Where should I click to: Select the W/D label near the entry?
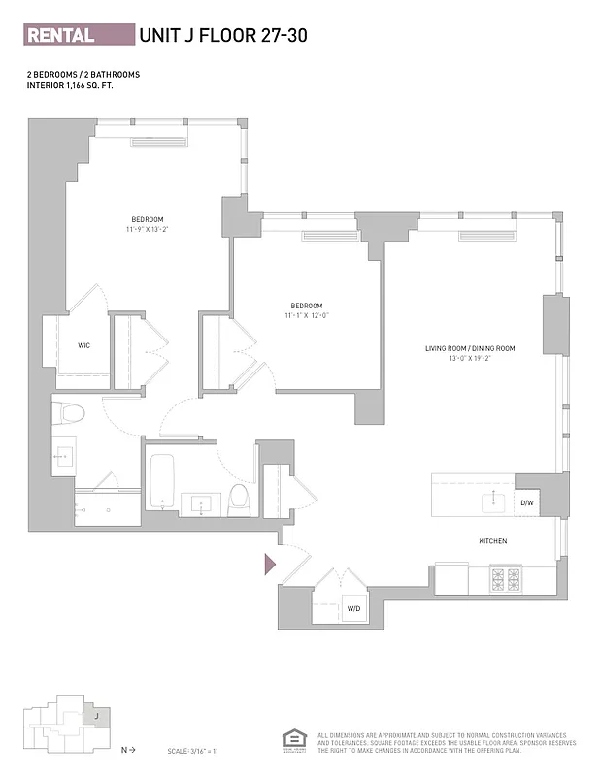(353, 608)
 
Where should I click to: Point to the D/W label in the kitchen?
(527, 502)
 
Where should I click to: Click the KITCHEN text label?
(493, 540)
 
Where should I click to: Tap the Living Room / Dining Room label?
(469, 348)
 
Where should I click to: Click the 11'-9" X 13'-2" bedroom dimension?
(148, 230)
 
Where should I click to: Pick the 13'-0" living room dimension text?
(469, 358)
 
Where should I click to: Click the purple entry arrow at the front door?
(271, 561)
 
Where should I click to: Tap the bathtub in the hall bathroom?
(162, 481)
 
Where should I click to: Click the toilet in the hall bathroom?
(239, 500)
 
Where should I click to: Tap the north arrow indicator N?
(125, 750)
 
